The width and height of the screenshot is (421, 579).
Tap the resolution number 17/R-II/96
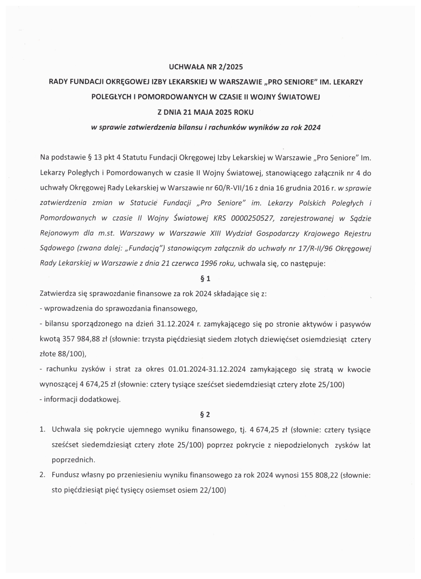pyautogui.click(x=315, y=249)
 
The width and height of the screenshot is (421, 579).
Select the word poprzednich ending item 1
pyautogui.click(x=73, y=460)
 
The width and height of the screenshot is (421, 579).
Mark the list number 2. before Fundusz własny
pyautogui.click(x=42, y=475)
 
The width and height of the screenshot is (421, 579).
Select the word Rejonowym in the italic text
pyautogui.click(x=59, y=234)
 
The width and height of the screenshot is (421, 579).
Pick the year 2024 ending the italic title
pyautogui.click(x=312, y=127)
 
